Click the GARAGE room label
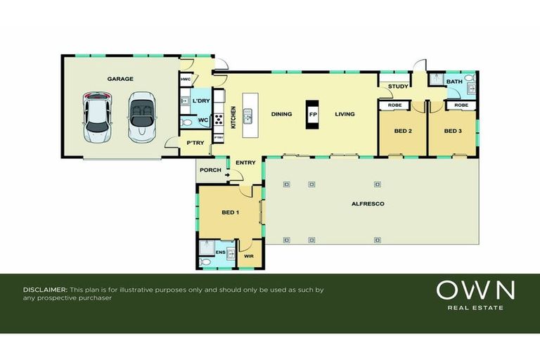[x=120, y=79]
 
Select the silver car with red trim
[x=97, y=116]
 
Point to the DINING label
[x=281, y=114]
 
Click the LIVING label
[x=345, y=114]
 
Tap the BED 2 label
[x=402, y=131]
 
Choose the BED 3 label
[x=452, y=131]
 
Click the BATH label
[x=455, y=82]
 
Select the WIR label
[x=248, y=257]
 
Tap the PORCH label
[x=210, y=169]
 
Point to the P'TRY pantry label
[x=194, y=143]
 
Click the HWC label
[x=186, y=79]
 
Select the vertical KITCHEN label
[x=233, y=116]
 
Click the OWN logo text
[x=475, y=290]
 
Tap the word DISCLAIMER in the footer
[x=46, y=290]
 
